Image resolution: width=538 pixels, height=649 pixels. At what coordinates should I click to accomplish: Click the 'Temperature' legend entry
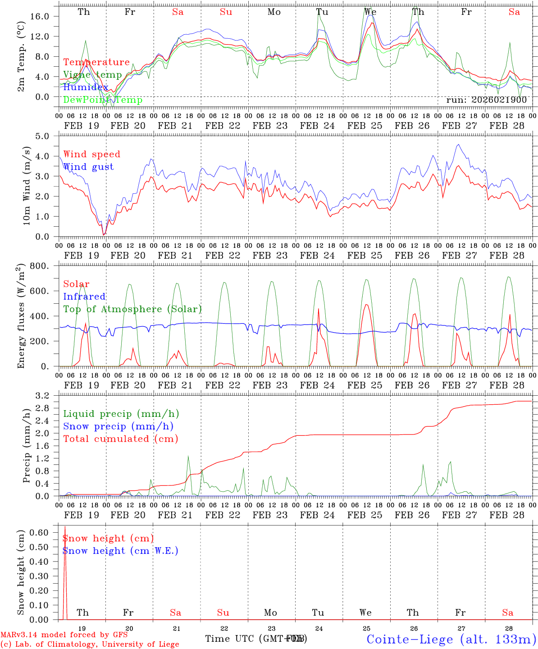tap(96, 62)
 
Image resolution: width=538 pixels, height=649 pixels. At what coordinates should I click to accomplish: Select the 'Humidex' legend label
tap(86, 87)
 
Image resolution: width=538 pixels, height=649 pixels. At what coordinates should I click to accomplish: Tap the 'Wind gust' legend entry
tap(88, 167)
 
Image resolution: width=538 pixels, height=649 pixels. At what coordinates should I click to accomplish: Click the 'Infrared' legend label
tap(84, 297)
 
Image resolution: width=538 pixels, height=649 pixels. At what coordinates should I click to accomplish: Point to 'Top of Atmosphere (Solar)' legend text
tap(132, 309)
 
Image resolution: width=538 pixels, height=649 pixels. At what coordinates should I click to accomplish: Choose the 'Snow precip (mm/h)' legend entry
tap(118, 426)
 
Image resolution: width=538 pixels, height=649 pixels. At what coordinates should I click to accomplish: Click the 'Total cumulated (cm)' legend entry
tap(120, 439)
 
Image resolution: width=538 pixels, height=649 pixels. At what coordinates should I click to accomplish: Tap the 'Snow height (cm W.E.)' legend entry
tap(120, 551)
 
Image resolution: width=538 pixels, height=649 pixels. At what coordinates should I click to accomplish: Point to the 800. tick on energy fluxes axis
tap(46, 266)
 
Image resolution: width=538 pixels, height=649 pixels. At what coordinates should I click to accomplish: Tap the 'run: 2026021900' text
tap(486, 100)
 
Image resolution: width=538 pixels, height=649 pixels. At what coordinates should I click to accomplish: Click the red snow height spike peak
tap(65, 526)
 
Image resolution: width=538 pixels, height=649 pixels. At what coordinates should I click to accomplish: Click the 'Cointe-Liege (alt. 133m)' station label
tap(451, 639)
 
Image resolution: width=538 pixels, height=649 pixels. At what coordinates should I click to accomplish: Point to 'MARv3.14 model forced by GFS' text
tap(64, 635)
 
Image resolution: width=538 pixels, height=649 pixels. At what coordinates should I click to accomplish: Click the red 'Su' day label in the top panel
tap(226, 12)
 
